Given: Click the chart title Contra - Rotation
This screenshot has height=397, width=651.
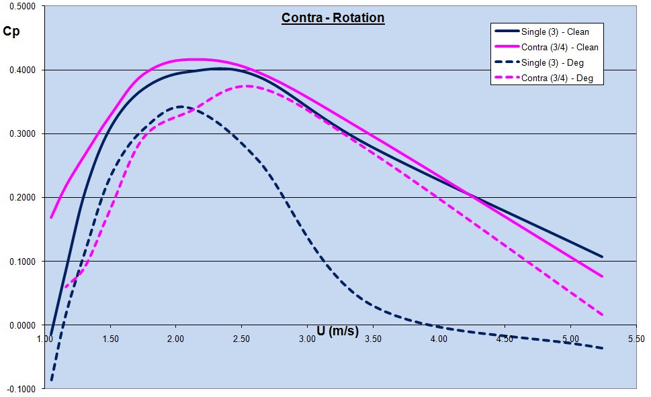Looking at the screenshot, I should tap(333, 17).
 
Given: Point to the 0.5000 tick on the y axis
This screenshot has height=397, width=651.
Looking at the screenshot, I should tap(23, 6).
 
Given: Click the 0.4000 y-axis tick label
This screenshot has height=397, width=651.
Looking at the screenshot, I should tap(23, 70).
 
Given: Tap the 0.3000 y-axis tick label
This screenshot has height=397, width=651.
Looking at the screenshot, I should tap(23, 133).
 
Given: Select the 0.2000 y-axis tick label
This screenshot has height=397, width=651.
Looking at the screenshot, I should tap(23, 197).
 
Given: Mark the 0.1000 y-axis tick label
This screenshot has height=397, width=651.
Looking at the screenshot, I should tap(23, 261).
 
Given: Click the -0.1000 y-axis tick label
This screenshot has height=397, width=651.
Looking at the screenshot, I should tap(21, 388).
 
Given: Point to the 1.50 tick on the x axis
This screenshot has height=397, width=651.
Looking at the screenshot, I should tap(110, 339).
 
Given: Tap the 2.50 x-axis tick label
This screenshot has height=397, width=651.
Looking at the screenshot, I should tap(242, 339).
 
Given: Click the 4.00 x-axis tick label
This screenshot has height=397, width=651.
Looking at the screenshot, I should tap(439, 339).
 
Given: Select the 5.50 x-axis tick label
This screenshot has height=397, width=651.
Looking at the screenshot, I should tap(636, 339).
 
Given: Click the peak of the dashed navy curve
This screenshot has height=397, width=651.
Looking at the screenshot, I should tap(180, 106).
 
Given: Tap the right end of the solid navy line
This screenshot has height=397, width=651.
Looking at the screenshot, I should tap(602, 257).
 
